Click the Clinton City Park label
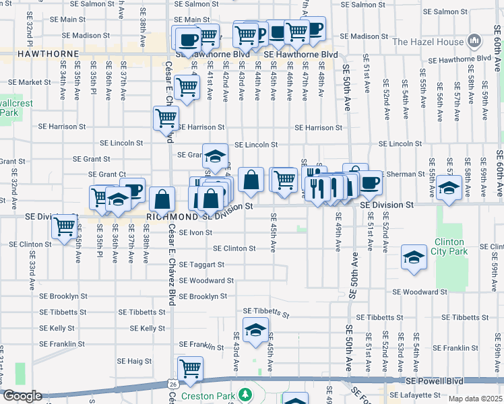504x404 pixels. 449,246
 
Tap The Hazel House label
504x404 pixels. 428,42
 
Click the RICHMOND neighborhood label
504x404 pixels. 172,217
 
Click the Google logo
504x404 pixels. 22,396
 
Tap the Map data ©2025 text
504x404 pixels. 475,399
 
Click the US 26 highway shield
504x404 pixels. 172,382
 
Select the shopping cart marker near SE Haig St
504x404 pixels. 191,368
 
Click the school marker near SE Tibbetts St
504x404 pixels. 255,331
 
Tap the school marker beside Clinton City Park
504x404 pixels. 414,257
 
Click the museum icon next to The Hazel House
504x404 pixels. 475,42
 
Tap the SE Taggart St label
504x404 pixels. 201,265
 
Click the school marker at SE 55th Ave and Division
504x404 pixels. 448,188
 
